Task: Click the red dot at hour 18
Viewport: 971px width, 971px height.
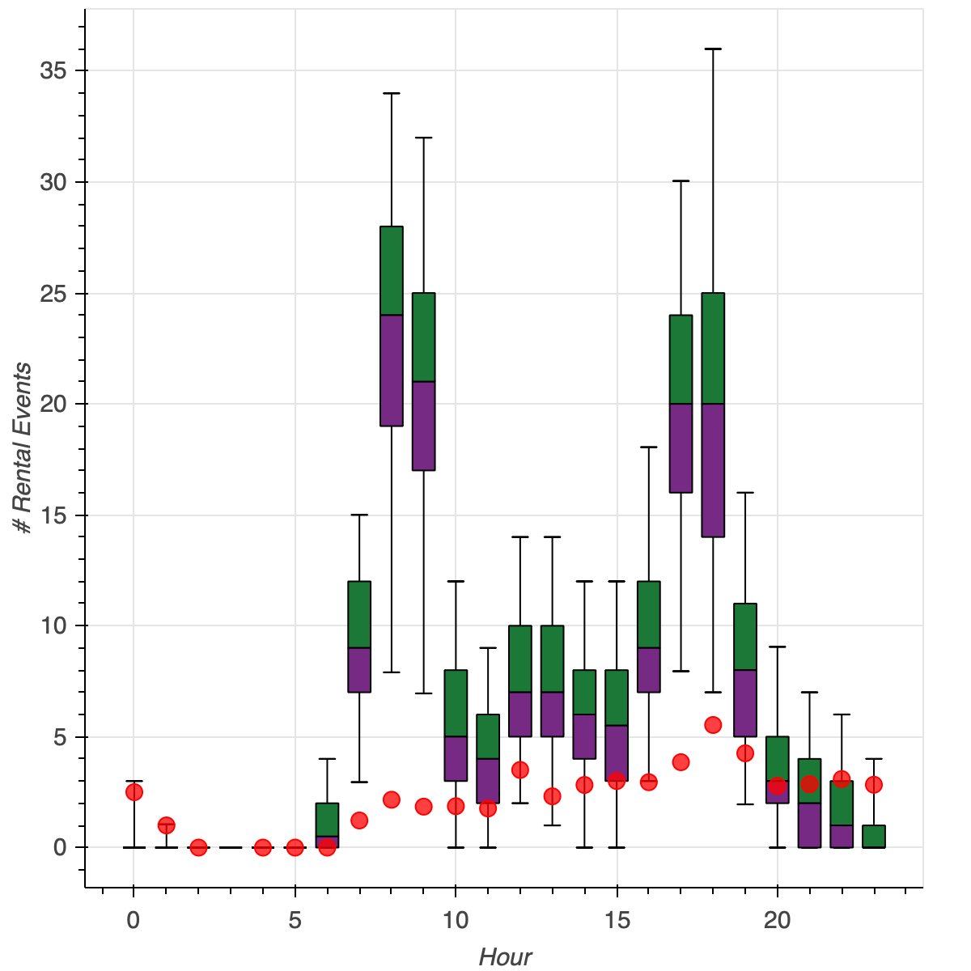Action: [x=713, y=724]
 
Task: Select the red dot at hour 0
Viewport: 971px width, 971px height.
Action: [x=134, y=791]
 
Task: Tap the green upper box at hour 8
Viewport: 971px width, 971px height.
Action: [x=392, y=270]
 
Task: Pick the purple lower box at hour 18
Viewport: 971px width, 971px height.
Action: [x=713, y=469]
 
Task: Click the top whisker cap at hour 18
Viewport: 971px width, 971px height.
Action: [x=713, y=49]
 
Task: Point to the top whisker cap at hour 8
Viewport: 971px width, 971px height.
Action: [x=392, y=94]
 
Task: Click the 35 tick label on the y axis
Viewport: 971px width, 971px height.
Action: [x=53, y=70]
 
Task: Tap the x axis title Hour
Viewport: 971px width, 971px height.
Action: [x=506, y=957]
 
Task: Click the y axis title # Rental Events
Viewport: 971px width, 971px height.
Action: [x=24, y=448]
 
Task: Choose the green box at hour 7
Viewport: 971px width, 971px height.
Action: [x=359, y=614]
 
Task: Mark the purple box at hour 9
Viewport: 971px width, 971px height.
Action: [x=424, y=425]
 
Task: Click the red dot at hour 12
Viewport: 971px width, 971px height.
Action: [x=520, y=770]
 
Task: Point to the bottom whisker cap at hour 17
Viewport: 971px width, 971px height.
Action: [x=681, y=671]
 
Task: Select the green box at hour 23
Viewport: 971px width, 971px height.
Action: [x=874, y=836]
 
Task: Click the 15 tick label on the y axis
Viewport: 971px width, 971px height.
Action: [x=53, y=515]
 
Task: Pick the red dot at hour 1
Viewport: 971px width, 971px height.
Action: [x=166, y=825]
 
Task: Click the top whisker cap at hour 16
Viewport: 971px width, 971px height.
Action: [x=649, y=447]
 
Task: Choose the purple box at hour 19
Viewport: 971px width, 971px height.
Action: [x=745, y=703]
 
